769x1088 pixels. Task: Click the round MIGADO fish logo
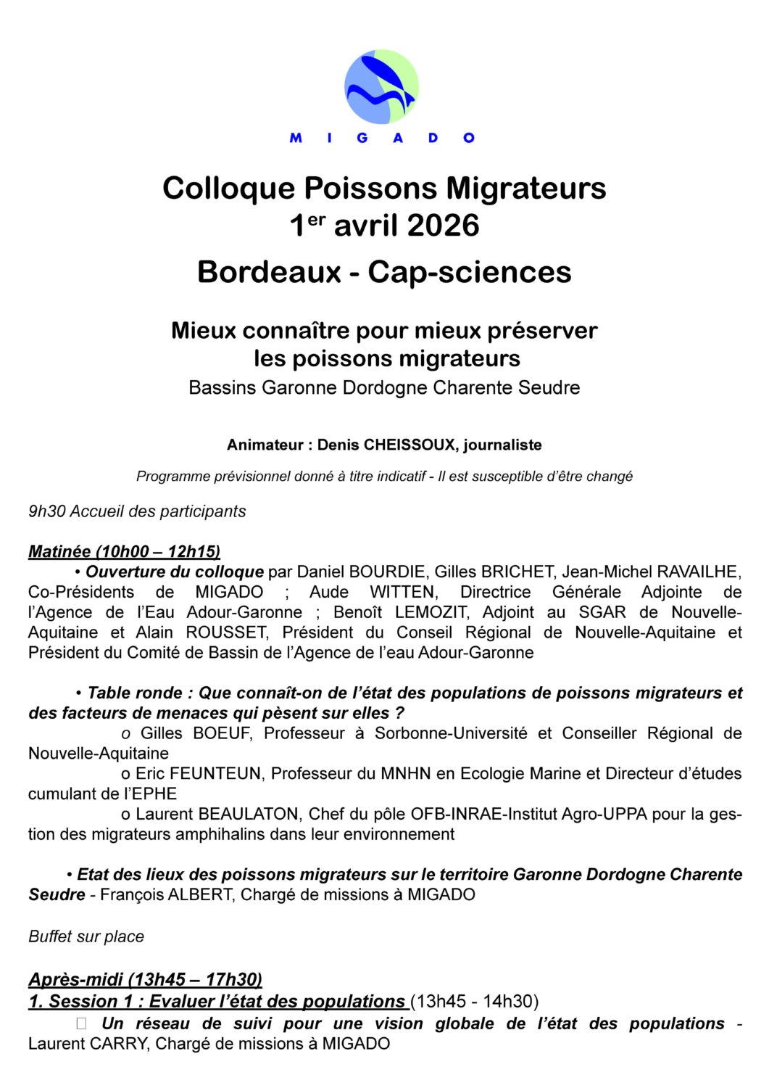tap(381, 87)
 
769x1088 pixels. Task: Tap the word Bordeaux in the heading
tap(269, 273)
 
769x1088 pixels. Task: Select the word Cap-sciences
tap(469, 273)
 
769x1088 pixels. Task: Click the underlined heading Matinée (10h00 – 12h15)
tap(124, 551)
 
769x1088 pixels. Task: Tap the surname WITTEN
tap(404, 592)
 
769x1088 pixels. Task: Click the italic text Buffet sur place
tap(86, 936)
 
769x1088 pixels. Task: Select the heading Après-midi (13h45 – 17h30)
tap(145, 980)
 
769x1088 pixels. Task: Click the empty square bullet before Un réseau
tap(81, 1023)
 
